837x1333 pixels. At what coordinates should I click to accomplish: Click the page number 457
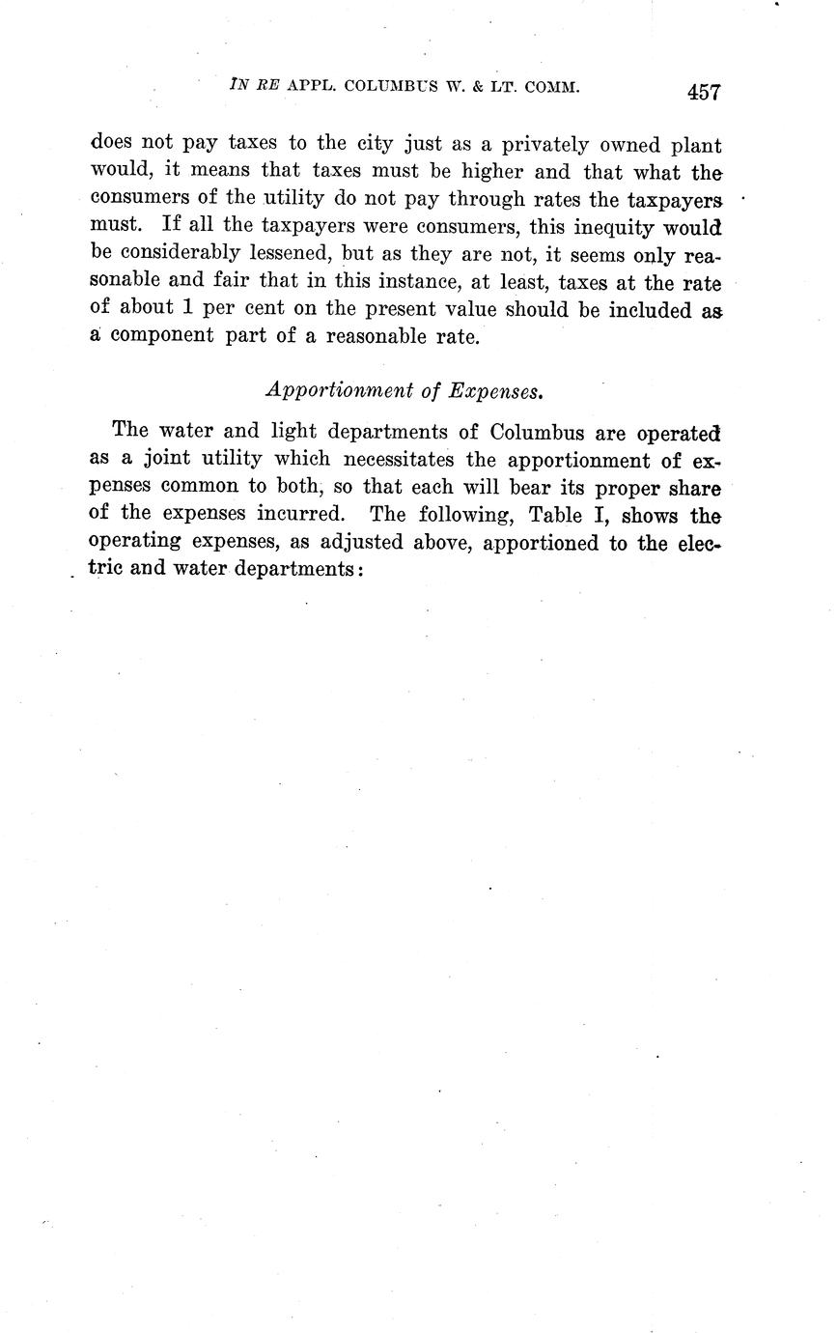(x=704, y=92)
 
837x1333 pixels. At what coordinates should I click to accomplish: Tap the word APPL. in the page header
(x=309, y=86)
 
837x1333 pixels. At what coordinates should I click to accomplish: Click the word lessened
(x=291, y=257)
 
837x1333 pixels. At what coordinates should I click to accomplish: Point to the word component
(x=165, y=339)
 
